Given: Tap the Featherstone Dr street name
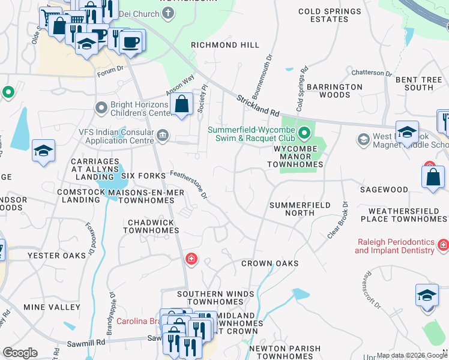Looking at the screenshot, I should coord(188,184).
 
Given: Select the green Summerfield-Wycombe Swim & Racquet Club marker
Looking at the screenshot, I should coord(304,132).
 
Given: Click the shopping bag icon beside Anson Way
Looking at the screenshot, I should coord(181,105).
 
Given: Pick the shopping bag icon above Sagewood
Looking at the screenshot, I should coord(433,178).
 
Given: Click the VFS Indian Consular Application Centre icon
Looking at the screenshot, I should coord(163,134).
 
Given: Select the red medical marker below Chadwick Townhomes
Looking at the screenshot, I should coord(191,259).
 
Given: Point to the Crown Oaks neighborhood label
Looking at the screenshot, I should coord(270,263).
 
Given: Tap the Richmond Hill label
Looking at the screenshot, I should coord(225,45).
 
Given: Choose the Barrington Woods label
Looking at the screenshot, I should coord(334,91).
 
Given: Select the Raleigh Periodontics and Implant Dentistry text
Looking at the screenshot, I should coord(394,245).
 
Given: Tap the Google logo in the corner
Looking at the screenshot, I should coord(20,353).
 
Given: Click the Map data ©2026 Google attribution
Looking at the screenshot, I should coord(411,355).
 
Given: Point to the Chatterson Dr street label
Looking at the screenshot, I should coord(371,73).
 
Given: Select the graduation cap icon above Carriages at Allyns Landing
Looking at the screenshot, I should coord(44,151).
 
